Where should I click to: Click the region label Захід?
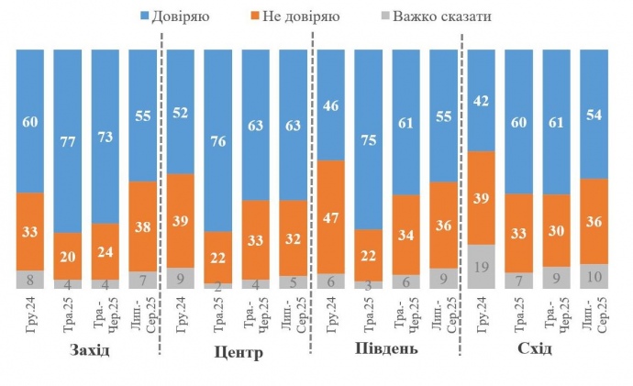[89, 351]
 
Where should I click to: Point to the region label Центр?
[238, 352]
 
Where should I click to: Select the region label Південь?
[386, 350]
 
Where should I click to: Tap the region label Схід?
[535, 349]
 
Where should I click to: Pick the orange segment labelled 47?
[331, 217]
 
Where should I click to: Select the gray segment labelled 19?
[482, 268]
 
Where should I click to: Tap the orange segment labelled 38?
[142, 226]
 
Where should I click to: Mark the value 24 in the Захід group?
[105, 250]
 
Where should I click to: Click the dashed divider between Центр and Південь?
[313, 183]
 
